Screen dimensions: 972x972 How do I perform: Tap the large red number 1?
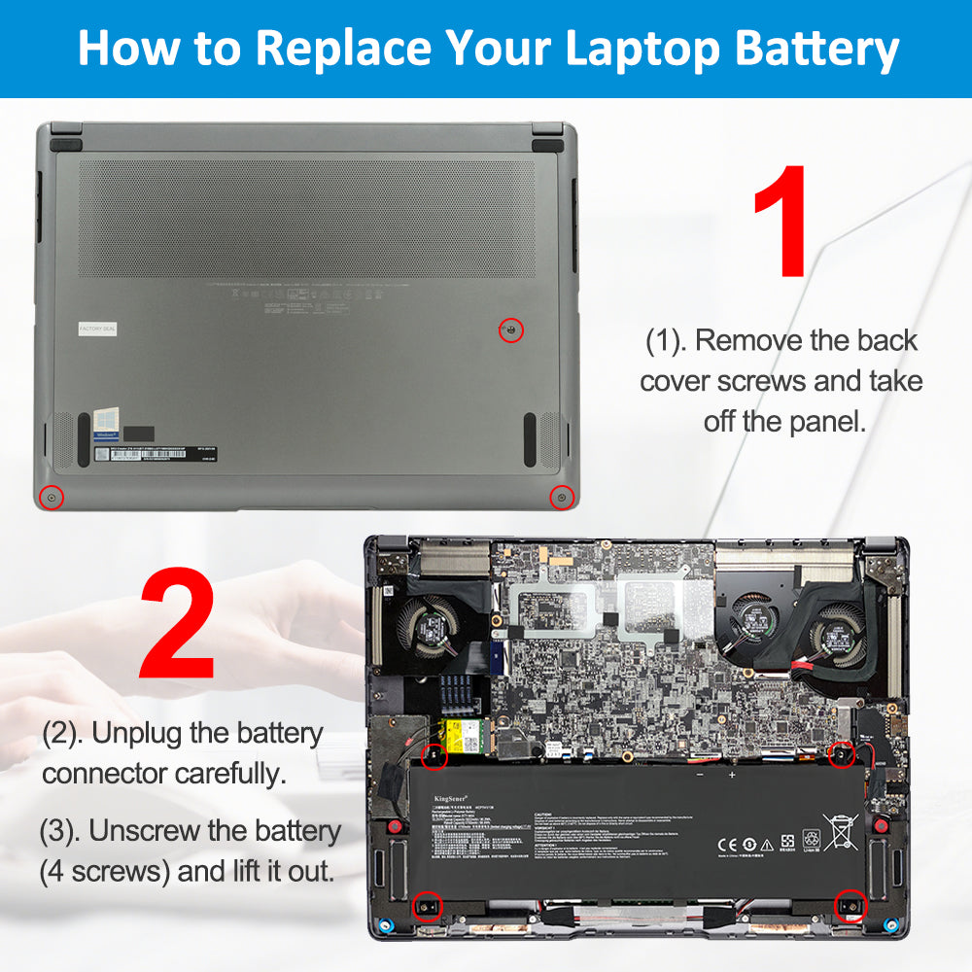pyautogui.click(x=780, y=221)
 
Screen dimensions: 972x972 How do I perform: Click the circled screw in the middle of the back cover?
pyautogui.click(x=511, y=330)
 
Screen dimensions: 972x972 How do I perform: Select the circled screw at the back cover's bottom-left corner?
pyautogui.click(x=52, y=499)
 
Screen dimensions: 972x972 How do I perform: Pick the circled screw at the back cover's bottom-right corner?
pyautogui.click(x=560, y=498)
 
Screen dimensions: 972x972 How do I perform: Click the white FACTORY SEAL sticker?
pyautogui.click(x=96, y=330)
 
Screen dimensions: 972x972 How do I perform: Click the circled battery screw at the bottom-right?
pyautogui.click(x=850, y=906)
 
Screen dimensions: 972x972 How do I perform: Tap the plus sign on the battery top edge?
pyautogui.click(x=732, y=775)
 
